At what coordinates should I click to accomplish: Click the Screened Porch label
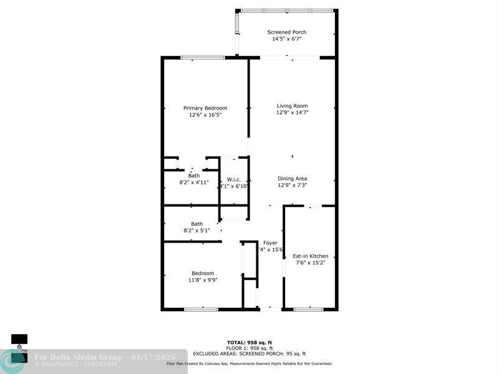[286, 32]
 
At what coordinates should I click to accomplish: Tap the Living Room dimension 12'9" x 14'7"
[293, 113]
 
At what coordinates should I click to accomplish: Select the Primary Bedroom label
[205, 108]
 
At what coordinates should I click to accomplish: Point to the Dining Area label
[293, 179]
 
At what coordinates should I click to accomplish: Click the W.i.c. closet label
[234, 180]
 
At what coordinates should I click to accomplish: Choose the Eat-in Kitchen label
[310, 256]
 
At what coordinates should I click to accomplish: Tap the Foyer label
[270, 242]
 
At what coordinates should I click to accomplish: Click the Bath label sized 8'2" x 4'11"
[194, 176]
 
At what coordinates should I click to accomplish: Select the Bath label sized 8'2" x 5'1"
[196, 224]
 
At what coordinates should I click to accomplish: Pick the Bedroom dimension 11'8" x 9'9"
[203, 280]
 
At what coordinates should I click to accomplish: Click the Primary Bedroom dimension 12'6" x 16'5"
[205, 115]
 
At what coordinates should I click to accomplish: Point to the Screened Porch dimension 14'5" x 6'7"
[286, 39]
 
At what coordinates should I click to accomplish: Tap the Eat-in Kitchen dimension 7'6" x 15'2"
[310, 263]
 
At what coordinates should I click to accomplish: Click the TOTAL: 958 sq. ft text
[249, 342]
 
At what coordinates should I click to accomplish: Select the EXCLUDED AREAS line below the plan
[249, 353]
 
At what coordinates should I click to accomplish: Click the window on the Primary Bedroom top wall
[203, 58]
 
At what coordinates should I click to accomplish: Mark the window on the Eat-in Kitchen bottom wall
[308, 309]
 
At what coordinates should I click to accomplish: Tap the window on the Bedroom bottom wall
[201, 309]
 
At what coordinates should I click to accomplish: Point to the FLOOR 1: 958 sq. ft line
[249, 348]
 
